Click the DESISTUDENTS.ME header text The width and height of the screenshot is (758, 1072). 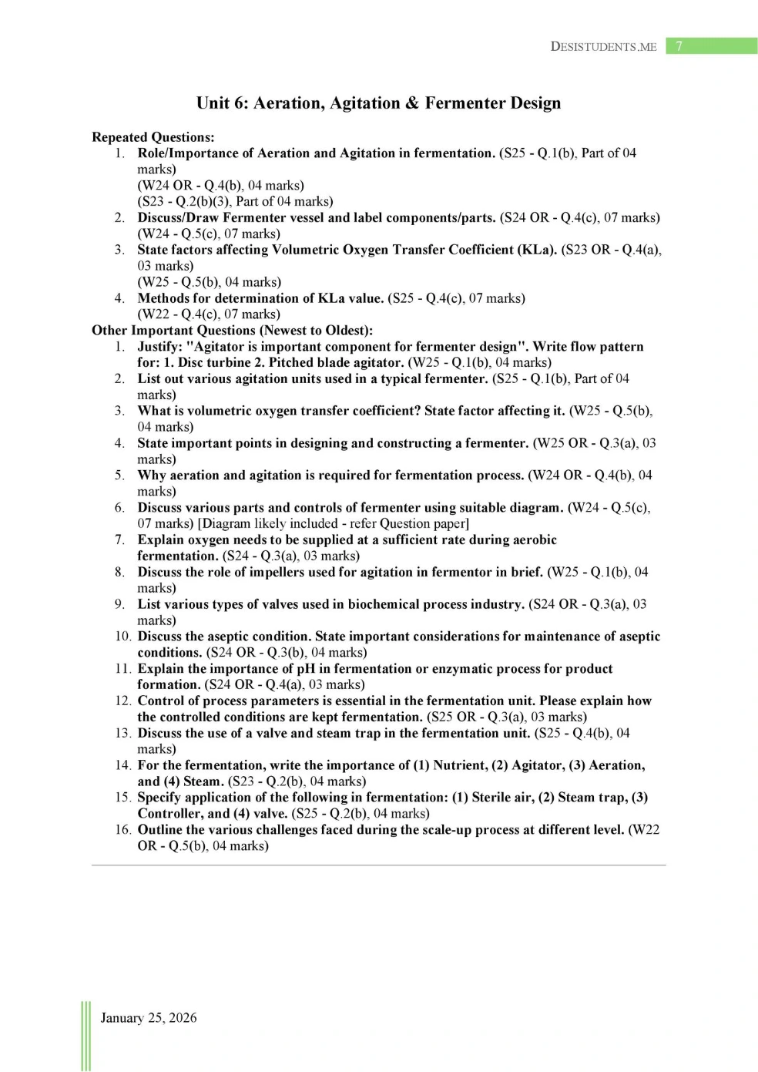click(603, 46)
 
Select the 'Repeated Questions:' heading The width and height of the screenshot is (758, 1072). click(153, 137)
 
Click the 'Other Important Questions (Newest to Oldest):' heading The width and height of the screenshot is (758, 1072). click(232, 331)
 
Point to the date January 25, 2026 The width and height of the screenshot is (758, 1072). click(149, 1018)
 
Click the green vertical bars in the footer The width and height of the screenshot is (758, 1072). click(86, 1036)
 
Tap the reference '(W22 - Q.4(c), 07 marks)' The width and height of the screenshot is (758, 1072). click(209, 314)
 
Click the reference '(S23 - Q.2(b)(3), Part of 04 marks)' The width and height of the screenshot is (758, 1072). click(235, 202)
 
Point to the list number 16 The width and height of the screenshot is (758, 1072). click(123, 830)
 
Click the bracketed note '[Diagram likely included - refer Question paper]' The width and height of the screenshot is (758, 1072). click(334, 524)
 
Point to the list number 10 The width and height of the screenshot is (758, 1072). click(123, 637)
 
